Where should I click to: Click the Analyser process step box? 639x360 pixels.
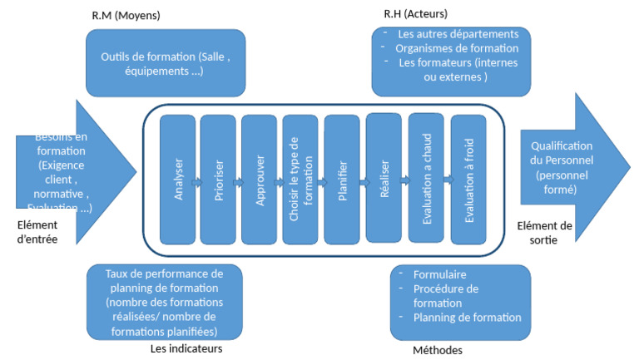[x=177, y=179]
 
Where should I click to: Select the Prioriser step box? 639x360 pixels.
[x=219, y=179]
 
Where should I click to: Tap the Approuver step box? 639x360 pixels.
[x=260, y=179]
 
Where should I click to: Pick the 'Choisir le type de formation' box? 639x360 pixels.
[x=300, y=179]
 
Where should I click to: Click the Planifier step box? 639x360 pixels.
[x=342, y=179]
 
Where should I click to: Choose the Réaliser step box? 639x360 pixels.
[x=384, y=179]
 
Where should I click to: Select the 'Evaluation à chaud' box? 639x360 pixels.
[x=426, y=179]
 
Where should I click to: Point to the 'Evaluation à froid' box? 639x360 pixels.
[x=468, y=179]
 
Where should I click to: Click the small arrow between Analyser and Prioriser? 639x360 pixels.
[x=197, y=181]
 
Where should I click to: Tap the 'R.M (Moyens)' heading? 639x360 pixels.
[x=126, y=16]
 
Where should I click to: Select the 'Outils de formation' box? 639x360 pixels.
[x=166, y=63]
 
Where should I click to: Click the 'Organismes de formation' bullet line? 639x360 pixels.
[x=445, y=48]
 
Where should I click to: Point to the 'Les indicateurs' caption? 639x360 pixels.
[x=186, y=348]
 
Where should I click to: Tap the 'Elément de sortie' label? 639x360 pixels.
[x=544, y=232]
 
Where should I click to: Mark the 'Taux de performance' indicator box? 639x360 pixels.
[x=165, y=302]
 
